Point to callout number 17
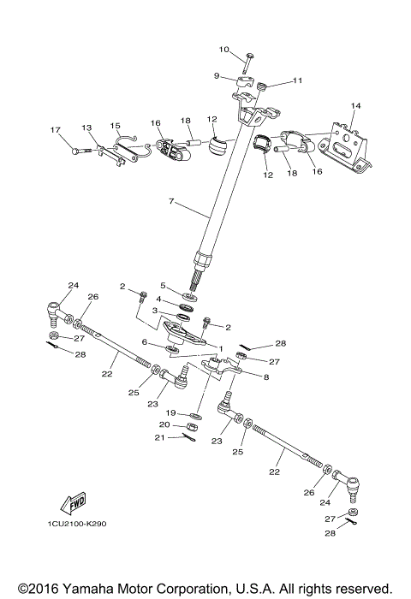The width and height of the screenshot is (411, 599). pyautogui.click(x=56, y=130)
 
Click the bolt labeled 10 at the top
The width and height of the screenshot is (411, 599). pyautogui.click(x=247, y=62)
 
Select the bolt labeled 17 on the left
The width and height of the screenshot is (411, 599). pyautogui.click(x=80, y=151)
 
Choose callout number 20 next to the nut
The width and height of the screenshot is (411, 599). pyautogui.click(x=164, y=424)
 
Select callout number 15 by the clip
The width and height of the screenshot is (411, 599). pyautogui.click(x=116, y=126)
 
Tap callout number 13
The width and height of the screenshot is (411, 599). pyautogui.click(x=86, y=127)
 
